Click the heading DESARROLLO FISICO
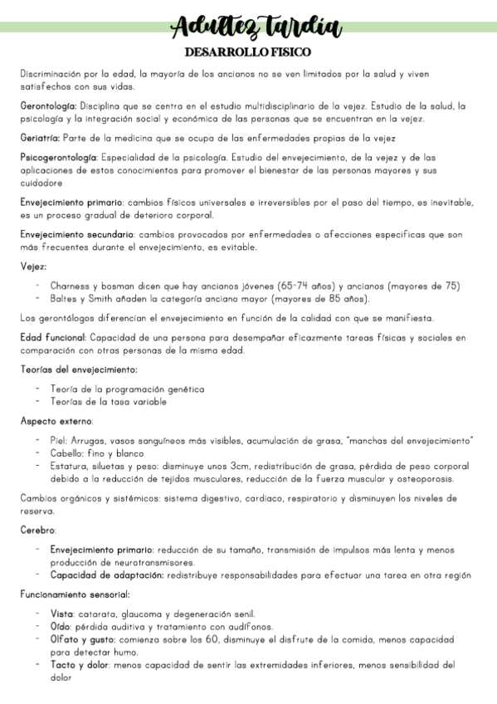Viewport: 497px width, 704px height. pos(248,52)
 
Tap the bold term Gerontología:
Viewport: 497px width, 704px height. pos(48,106)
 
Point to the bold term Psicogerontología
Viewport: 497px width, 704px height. pos(58,157)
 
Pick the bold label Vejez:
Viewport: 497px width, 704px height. pos(33,266)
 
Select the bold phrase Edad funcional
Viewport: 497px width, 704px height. pos(52,337)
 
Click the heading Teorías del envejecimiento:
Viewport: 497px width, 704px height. pos(79,369)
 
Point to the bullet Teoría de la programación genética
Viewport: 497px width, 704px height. pos(127,389)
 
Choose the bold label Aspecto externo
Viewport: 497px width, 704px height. pos(56,421)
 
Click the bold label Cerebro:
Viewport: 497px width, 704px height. pos(38,530)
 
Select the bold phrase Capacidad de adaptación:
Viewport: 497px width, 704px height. pos(107,574)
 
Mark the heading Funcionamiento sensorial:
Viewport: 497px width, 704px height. pos(75,594)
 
